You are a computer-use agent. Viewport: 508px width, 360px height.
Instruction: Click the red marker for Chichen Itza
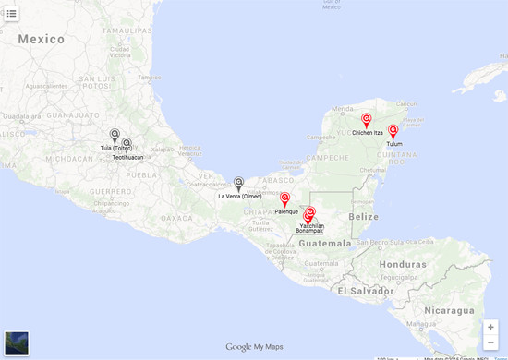(x=366, y=120)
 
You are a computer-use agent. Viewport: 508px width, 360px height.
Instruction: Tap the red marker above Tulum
(x=393, y=131)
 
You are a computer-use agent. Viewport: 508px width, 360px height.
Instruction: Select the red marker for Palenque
(x=284, y=198)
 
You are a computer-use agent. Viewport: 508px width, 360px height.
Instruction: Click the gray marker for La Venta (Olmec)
(x=238, y=183)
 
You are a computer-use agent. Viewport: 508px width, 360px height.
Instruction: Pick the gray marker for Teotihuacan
(x=127, y=144)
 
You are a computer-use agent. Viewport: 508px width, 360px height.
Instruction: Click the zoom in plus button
(x=490, y=327)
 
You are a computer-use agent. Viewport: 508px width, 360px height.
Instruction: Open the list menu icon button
(x=12, y=13)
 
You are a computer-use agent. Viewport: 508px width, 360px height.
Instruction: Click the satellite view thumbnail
(x=17, y=343)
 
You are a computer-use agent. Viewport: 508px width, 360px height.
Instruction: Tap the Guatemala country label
(x=323, y=244)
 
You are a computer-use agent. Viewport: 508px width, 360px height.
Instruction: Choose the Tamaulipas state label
(x=127, y=30)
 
